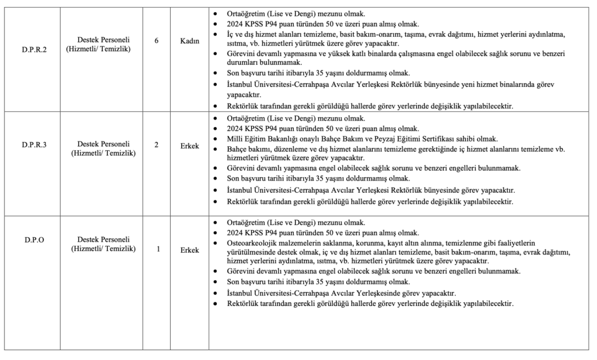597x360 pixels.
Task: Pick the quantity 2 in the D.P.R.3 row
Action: [x=156, y=144]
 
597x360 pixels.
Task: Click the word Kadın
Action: [x=189, y=40]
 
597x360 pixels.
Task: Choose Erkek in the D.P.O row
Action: [x=189, y=250]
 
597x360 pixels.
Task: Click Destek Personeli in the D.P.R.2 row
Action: [x=103, y=40]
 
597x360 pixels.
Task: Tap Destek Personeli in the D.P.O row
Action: [x=103, y=239]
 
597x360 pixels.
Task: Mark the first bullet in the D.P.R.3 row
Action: [x=216, y=118]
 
